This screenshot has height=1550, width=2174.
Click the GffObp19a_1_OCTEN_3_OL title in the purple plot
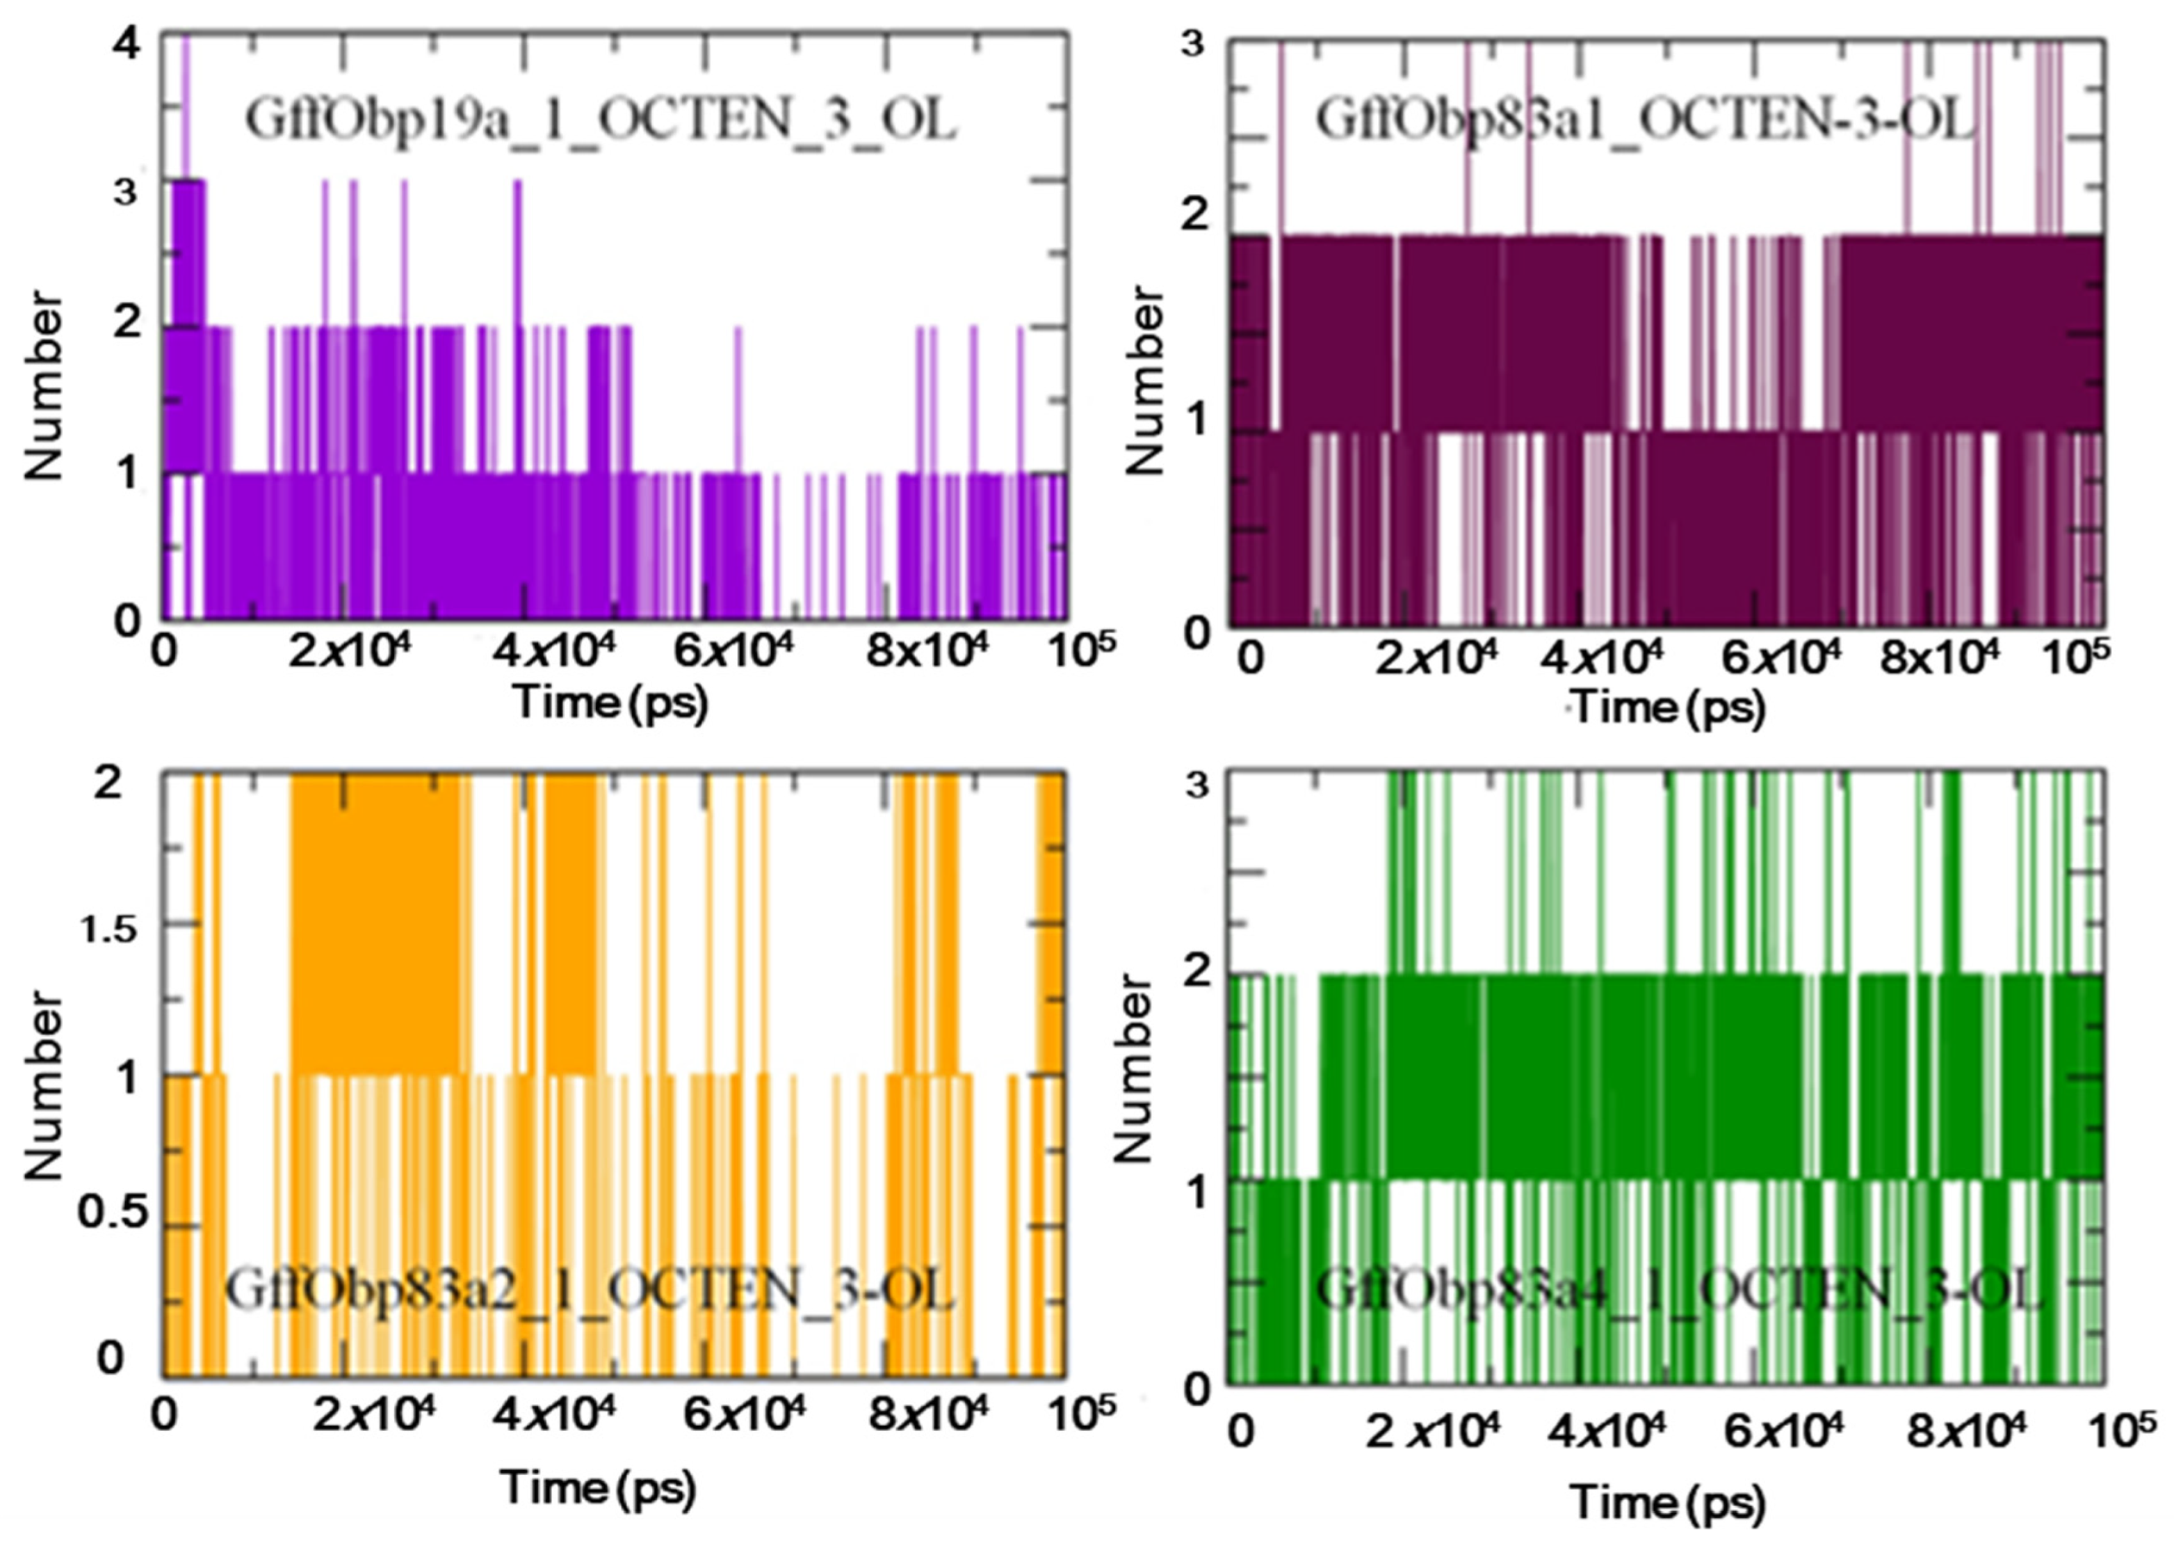coord(600,121)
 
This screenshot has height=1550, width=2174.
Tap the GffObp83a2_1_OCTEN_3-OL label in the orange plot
coord(589,1291)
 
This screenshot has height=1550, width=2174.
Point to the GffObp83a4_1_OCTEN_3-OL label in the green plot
coord(1679,1291)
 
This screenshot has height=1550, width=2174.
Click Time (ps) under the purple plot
coord(610,703)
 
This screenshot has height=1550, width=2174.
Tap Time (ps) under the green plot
coord(1667,1503)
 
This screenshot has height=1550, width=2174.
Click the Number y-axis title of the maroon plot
coord(1146,380)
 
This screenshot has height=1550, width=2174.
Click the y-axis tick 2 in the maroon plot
coord(1195,216)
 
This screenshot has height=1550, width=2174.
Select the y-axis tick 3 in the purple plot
coord(126,192)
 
